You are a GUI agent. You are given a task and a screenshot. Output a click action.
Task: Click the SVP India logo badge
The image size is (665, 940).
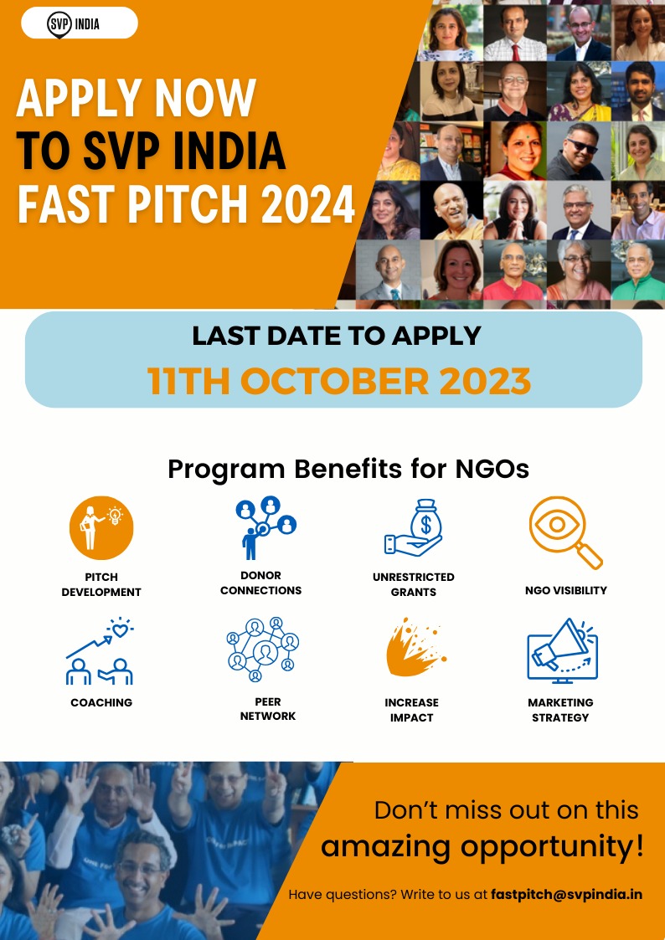pyautogui.click(x=80, y=24)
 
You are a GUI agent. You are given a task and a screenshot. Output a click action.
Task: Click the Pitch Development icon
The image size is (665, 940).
pyautogui.click(x=101, y=527)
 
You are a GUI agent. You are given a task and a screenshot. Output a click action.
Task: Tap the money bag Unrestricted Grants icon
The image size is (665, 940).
pyautogui.click(x=413, y=528)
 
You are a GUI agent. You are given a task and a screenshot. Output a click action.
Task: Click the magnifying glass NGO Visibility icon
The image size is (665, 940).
pyautogui.click(x=565, y=532)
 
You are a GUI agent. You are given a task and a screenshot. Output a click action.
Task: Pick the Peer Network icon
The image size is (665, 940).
pyautogui.click(x=263, y=650)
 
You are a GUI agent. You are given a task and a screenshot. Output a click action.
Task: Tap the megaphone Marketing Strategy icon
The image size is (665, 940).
pyautogui.click(x=563, y=651)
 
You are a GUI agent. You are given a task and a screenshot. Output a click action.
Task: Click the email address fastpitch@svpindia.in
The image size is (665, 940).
pyautogui.click(x=567, y=895)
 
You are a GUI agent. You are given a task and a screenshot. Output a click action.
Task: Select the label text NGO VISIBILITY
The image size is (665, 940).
pyautogui.click(x=565, y=590)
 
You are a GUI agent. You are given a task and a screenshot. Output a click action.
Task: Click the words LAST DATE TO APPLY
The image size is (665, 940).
pyautogui.click(x=337, y=336)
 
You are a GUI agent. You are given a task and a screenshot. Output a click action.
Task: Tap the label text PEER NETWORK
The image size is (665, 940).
pyautogui.click(x=267, y=709)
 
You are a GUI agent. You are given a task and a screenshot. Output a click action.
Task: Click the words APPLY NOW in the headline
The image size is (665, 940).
pyautogui.click(x=137, y=98)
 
